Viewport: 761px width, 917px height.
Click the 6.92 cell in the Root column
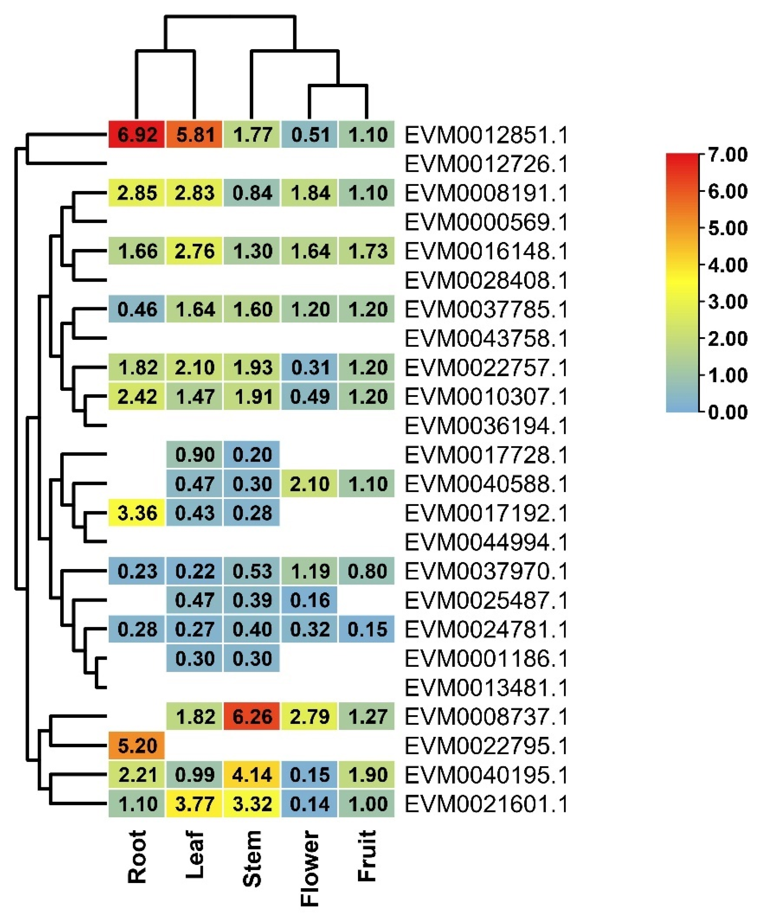pos(137,134)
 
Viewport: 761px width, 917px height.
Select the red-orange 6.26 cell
pos(252,717)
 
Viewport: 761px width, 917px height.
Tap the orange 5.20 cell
pos(137,746)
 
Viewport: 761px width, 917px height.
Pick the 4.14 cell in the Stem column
pos(252,775)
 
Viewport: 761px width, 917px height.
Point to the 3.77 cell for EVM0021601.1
pos(194,804)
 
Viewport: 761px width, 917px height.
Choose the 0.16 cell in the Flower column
pos(309,600)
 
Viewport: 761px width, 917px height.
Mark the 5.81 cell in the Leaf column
pos(194,134)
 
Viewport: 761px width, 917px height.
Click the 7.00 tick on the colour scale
pos(727,154)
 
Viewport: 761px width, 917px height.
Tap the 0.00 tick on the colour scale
pos(727,412)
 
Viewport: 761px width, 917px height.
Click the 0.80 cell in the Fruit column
pos(367,571)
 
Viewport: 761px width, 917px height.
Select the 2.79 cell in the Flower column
pos(309,717)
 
